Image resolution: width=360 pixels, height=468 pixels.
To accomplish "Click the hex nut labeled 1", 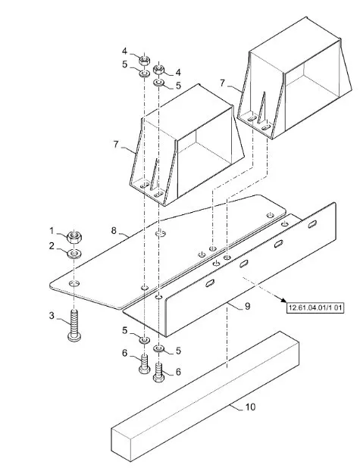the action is (x=74, y=237).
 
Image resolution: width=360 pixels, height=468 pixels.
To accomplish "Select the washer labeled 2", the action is (x=74, y=254).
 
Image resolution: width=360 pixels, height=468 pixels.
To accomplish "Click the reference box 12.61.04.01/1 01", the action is (x=315, y=307).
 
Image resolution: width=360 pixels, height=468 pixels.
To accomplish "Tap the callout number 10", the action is (x=250, y=407).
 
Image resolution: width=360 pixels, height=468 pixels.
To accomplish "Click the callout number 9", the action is (x=247, y=306).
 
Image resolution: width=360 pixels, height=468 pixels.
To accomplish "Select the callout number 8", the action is (x=114, y=230).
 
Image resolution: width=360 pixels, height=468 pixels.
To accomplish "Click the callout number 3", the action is (x=52, y=316).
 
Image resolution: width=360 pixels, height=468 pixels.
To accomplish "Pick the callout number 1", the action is (x=52, y=230).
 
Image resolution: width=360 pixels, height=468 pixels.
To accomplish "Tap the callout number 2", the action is (x=52, y=246).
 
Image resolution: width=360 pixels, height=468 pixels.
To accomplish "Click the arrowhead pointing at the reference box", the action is (x=283, y=300).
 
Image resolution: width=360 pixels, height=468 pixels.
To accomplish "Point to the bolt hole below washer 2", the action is (x=74, y=282).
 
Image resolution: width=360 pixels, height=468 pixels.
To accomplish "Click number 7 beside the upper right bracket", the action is (x=222, y=83).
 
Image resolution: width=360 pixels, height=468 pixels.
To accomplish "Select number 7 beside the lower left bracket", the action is (x=116, y=144).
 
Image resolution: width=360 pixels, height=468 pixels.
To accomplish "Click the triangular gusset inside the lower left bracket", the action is (x=154, y=175).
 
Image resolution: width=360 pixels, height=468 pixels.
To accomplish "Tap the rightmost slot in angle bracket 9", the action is (x=312, y=223).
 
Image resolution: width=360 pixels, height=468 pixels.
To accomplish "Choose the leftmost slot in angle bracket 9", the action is (x=210, y=283).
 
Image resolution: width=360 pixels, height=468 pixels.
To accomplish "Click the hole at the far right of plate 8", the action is (x=270, y=215).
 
